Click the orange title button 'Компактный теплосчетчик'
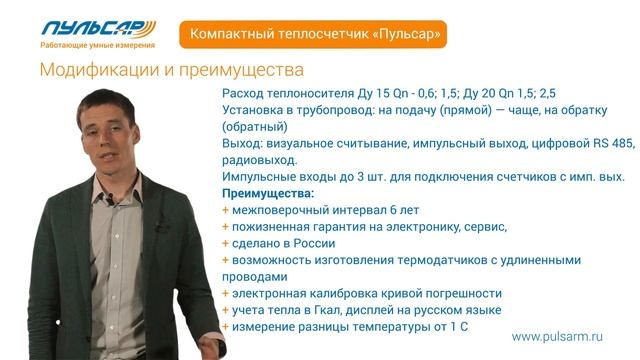[313, 34]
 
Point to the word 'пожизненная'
[271, 226]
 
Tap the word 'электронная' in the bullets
[269, 293]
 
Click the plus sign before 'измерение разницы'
[225, 326]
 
